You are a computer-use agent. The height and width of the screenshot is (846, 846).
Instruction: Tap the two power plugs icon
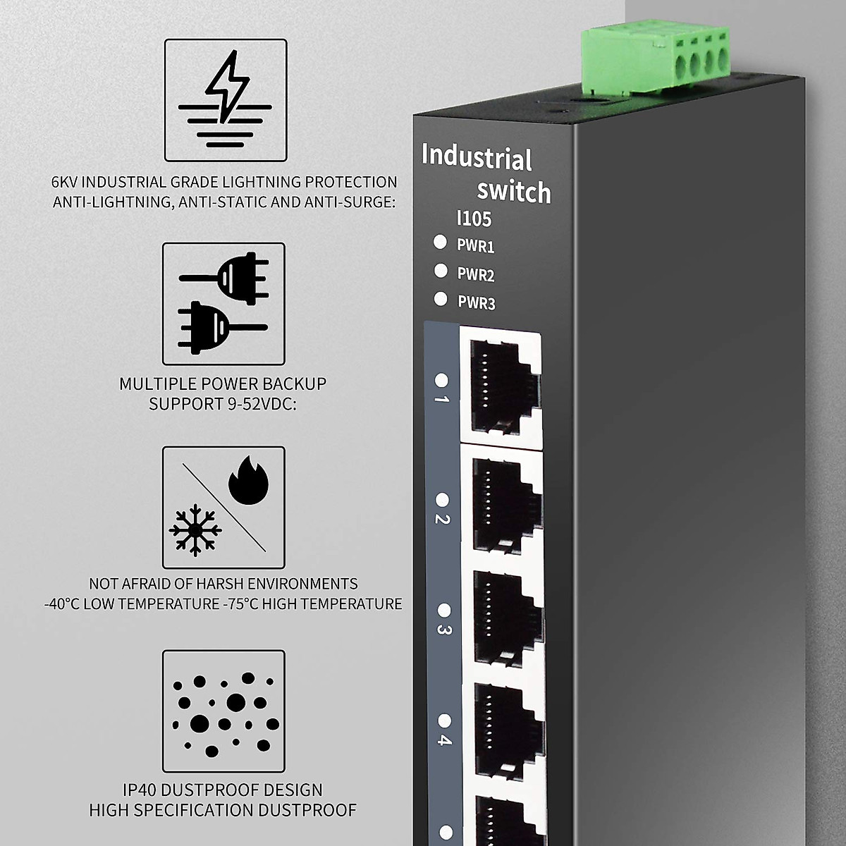[x=223, y=304]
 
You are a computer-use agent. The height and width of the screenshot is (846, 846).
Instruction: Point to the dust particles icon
[x=224, y=712]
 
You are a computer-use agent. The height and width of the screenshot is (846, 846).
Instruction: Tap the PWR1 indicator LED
[x=441, y=243]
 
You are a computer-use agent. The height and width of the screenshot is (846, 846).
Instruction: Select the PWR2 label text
[x=476, y=274]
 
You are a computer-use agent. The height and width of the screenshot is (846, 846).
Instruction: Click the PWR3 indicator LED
[x=441, y=299]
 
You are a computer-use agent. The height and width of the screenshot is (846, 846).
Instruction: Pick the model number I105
[x=474, y=219]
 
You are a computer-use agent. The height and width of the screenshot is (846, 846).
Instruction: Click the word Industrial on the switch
[x=477, y=158]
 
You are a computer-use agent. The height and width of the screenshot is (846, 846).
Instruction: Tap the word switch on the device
[x=514, y=191]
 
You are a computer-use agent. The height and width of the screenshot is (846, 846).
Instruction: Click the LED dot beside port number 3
[x=444, y=609]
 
